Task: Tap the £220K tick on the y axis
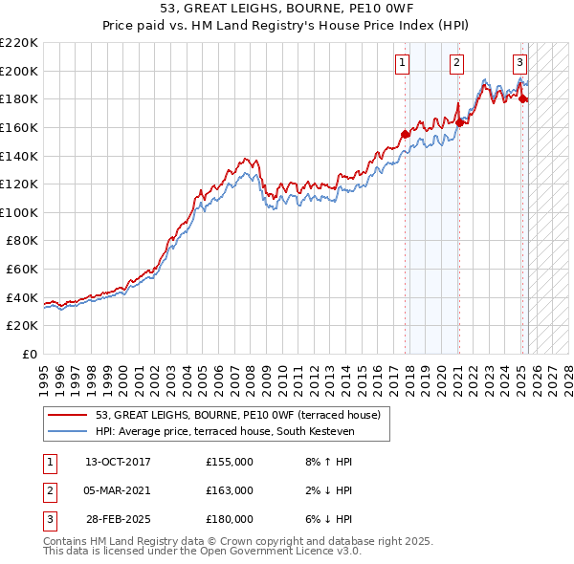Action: pos(19,42)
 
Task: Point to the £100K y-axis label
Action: pos(19,212)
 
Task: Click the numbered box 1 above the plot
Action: pos(402,63)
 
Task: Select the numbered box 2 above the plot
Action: pos(457,63)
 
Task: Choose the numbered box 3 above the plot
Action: pos(519,63)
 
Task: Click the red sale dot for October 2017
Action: pos(405,135)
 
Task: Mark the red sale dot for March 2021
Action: pos(460,122)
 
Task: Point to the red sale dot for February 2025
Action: pos(523,99)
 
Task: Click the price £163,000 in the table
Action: pos(230,490)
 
